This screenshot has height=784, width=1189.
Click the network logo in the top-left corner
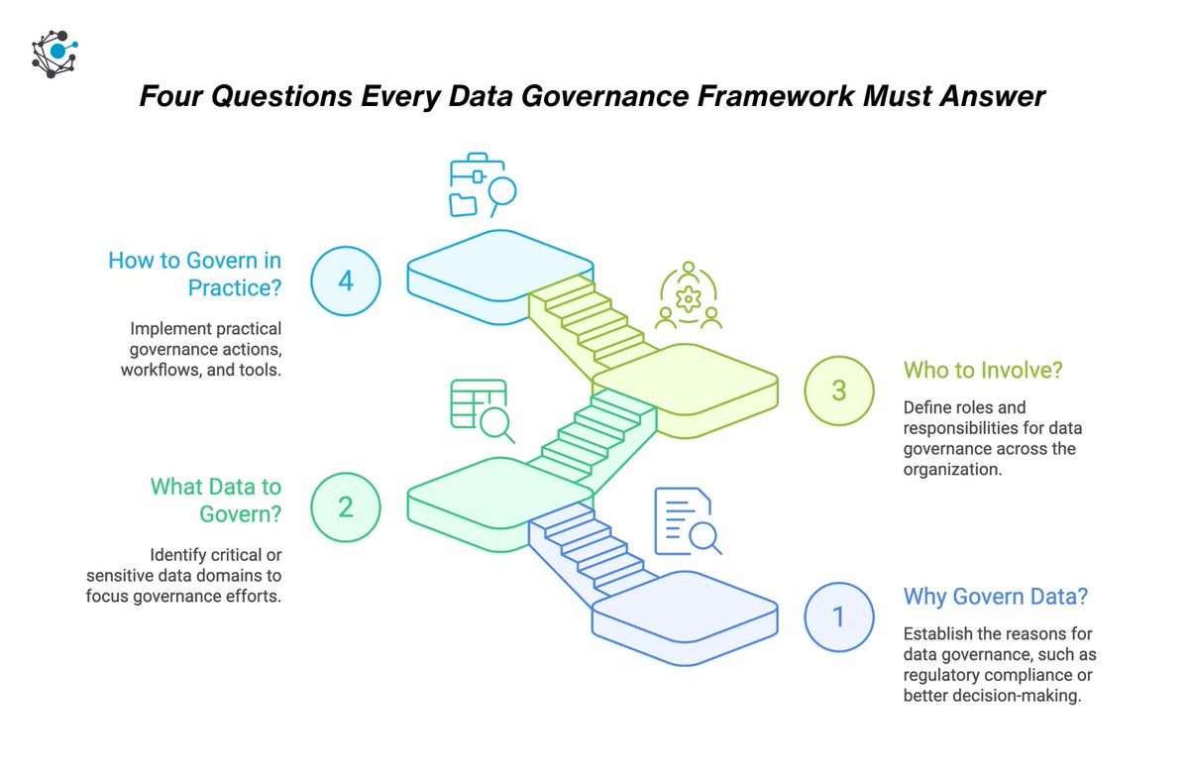[x=54, y=54]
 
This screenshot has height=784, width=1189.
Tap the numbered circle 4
[x=345, y=280]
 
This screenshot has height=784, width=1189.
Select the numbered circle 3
[x=838, y=390]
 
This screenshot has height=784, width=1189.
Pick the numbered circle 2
[x=345, y=506]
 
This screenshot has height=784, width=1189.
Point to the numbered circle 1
[x=838, y=616]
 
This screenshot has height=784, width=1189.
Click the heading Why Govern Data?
[x=995, y=597]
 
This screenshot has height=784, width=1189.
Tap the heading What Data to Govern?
[x=216, y=501]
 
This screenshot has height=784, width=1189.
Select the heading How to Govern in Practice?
[x=195, y=275]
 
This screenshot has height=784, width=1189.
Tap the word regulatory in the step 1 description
[x=941, y=676]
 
